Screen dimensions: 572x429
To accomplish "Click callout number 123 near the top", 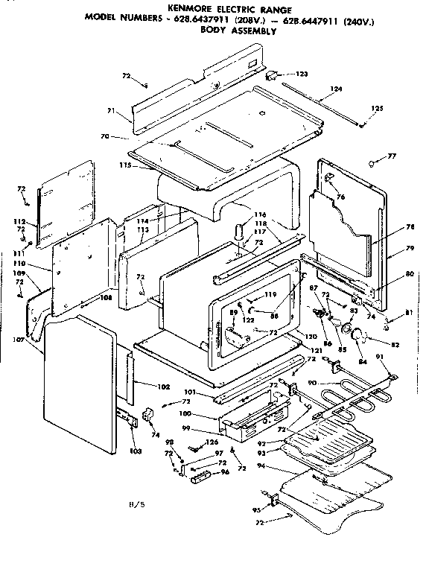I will pyautogui.click(x=302, y=74).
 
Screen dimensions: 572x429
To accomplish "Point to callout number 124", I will pyautogui.click(x=337, y=89).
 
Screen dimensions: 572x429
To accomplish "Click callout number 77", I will pyautogui.click(x=391, y=157).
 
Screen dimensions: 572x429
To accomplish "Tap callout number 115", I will pyautogui.click(x=125, y=165).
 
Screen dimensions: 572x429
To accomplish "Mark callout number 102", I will pyautogui.click(x=165, y=386).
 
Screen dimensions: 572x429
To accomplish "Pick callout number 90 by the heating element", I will pyautogui.click(x=312, y=384).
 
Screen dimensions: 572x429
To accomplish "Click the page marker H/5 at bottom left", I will pyautogui.click(x=135, y=506).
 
